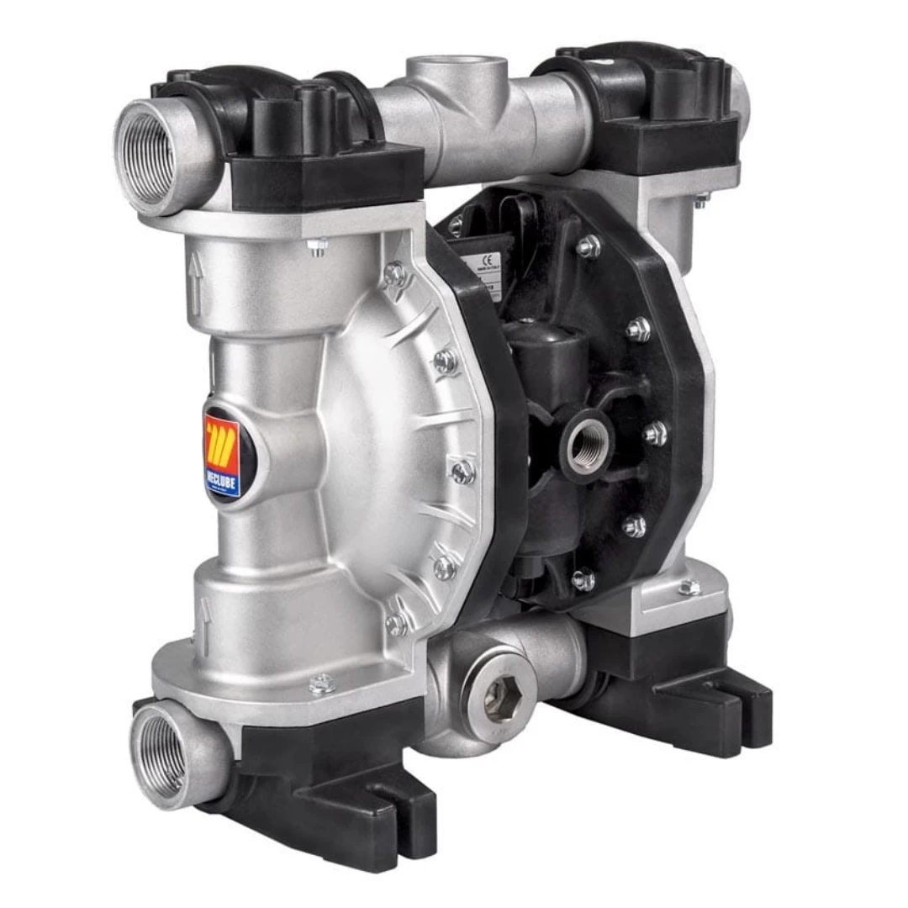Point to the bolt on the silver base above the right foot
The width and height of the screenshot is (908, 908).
[689, 587]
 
